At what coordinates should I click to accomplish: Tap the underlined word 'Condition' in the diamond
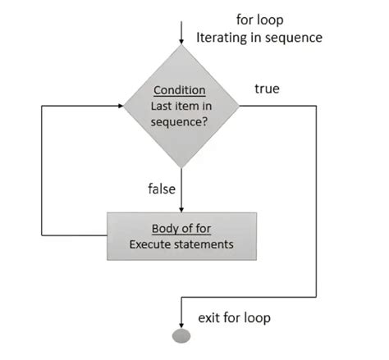(x=181, y=90)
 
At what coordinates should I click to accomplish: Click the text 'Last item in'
(x=181, y=105)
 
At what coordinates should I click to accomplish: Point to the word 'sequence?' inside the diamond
(x=181, y=120)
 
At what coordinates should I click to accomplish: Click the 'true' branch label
(x=267, y=88)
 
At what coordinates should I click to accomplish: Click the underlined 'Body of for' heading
(x=181, y=228)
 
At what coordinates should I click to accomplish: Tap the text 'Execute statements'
(x=181, y=244)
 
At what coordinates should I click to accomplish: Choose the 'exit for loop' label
(x=234, y=317)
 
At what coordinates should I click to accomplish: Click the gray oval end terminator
(x=181, y=335)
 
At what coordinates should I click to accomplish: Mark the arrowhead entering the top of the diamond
(x=181, y=42)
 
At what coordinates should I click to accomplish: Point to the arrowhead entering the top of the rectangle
(x=181, y=208)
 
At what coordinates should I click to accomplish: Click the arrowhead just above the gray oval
(x=181, y=322)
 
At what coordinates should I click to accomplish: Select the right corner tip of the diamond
(x=238, y=105)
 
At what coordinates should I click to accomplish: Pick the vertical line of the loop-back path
(x=42, y=172)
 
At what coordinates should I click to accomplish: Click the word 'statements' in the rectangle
(x=204, y=244)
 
